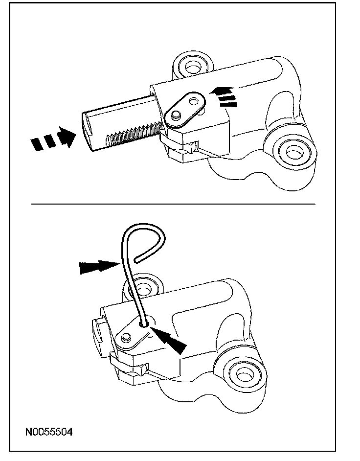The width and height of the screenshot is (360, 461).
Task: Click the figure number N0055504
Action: (x=49, y=432)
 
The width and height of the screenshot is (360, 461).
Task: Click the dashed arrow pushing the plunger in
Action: (x=53, y=138)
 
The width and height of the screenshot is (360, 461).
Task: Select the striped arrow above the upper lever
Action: (x=224, y=97)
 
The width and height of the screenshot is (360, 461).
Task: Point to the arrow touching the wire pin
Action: (x=100, y=267)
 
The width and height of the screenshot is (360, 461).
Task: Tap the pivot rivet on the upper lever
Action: (x=176, y=115)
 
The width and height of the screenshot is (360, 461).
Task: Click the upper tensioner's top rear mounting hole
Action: (x=192, y=67)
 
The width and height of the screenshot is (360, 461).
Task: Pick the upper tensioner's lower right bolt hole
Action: (x=292, y=153)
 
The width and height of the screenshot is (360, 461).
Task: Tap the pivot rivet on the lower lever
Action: (x=126, y=337)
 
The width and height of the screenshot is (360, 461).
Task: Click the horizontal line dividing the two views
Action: (x=173, y=204)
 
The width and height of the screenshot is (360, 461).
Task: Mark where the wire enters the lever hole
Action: (x=144, y=324)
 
